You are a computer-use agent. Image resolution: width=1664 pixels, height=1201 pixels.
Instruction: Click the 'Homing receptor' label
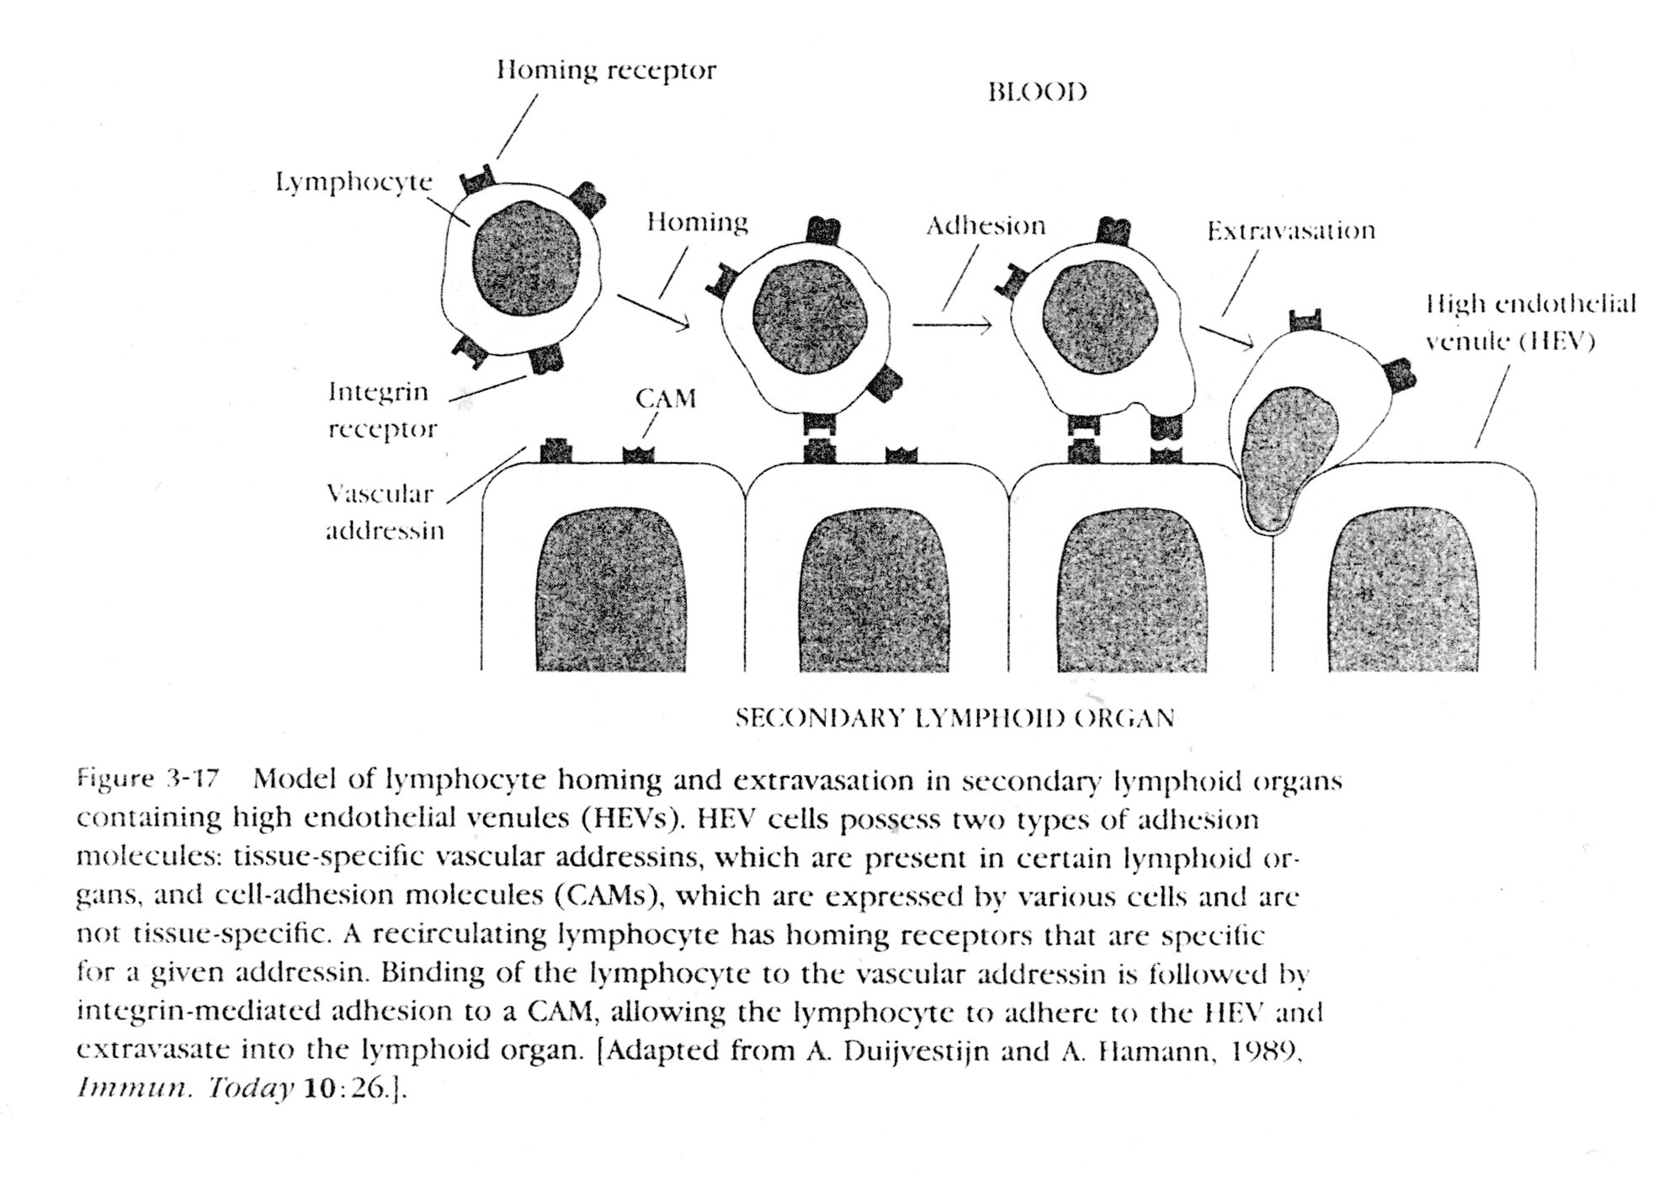coord(606,71)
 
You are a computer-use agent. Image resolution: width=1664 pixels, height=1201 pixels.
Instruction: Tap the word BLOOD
coord(1037,92)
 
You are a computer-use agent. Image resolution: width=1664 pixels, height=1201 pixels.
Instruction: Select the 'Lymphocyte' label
coord(354,182)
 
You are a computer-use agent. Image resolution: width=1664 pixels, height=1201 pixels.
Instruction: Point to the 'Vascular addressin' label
coord(384,512)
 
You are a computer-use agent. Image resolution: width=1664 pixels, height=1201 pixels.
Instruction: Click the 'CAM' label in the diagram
coord(665,398)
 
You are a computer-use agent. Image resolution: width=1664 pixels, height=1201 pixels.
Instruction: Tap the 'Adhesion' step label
coord(985,226)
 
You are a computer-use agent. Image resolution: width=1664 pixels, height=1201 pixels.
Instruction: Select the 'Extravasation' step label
coord(1290,231)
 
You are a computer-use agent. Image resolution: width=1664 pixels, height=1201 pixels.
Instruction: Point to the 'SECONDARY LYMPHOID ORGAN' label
coord(954,718)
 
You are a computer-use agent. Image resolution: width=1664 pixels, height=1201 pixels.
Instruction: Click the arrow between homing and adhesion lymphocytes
coord(952,325)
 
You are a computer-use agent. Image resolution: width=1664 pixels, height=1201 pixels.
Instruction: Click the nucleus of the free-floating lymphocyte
coord(526,258)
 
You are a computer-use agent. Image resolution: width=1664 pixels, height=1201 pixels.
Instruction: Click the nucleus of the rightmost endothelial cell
coord(1402,589)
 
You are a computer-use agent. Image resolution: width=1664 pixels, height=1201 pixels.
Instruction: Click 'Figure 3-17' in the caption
coord(148,779)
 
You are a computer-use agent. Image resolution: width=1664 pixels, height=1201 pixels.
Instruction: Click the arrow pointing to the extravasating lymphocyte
coord(1226,336)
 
